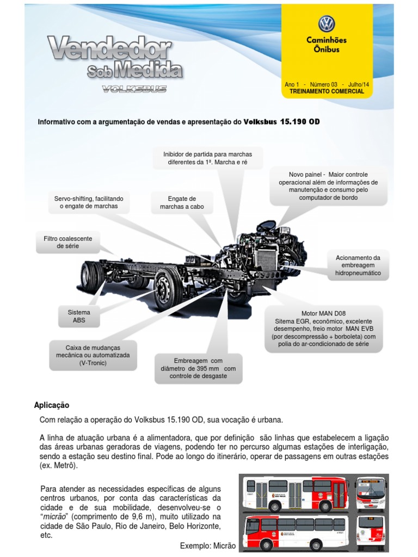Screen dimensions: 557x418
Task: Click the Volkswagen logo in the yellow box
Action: coord(327,24)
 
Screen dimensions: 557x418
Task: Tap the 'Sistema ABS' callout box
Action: coord(79,317)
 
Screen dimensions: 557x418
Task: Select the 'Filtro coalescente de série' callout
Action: coord(68,243)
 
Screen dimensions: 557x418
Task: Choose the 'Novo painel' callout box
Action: coord(328,186)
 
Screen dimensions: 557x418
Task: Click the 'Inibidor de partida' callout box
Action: coord(207,158)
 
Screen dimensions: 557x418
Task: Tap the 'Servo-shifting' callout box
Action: coord(88,202)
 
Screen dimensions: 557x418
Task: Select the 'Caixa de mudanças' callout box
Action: coord(93,355)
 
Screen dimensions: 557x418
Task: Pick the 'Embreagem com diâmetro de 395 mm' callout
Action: coord(198,368)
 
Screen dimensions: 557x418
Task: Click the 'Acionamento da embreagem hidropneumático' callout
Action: coord(358,265)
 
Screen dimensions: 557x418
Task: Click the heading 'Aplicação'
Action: coord(52,405)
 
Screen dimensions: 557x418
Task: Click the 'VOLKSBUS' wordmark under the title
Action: coord(134,89)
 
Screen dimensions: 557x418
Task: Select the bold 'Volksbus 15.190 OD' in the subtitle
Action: coord(281,122)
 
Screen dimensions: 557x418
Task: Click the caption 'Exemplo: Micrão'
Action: coord(207,546)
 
